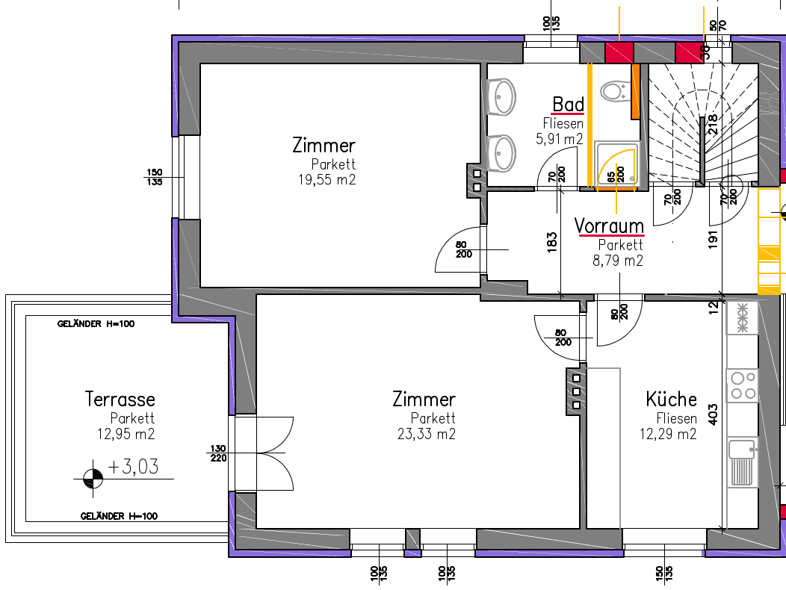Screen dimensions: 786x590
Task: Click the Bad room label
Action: click(568, 105)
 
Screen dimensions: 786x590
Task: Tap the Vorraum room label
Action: click(609, 226)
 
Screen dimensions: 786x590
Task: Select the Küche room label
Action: click(671, 399)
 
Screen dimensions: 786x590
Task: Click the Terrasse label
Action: click(120, 399)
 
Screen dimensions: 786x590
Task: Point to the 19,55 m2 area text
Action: click(327, 179)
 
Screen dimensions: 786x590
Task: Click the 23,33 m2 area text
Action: click(427, 434)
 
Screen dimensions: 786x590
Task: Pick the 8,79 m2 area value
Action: click(618, 261)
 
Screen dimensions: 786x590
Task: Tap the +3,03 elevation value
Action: click(133, 467)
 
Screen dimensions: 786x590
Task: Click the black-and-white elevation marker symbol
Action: click(93, 479)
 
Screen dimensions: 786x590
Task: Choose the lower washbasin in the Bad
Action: click(502, 153)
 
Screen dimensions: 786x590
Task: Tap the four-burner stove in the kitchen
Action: click(743, 385)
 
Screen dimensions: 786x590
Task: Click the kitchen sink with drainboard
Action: click(743, 462)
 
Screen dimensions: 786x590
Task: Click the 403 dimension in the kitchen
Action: click(713, 414)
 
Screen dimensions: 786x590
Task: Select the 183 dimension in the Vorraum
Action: click(551, 242)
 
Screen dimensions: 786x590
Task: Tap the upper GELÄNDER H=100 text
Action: click(96, 324)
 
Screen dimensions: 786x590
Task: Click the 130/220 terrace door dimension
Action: click(218, 453)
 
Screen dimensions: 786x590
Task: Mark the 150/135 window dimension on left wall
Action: click(155, 177)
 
